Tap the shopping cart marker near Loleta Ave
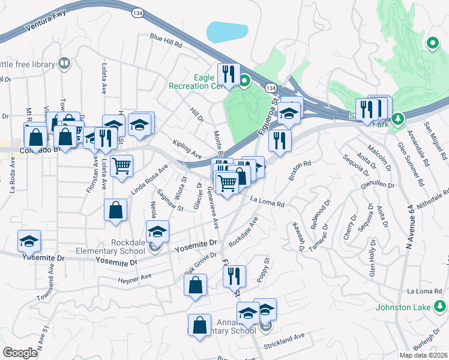pos(122,166)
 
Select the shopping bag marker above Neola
pos(115,211)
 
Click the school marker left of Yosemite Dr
pos(29,241)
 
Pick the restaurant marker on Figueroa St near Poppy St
pos(234,277)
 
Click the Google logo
pos(20,352)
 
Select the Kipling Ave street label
pos(186,146)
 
